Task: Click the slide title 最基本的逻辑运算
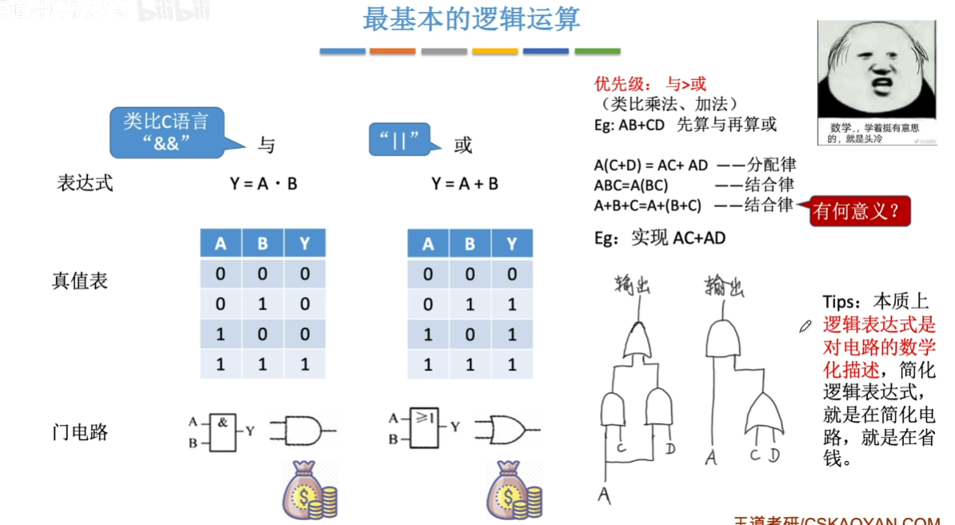click(471, 19)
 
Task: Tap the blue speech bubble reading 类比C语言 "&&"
click(166, 131)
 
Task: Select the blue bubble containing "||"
click(398, 139)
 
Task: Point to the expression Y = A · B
click(263, 183)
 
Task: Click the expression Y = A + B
click(465, 183)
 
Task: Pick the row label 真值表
click(80, 281)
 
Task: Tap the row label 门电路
click(80, 432)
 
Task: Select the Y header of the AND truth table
click(305, 244)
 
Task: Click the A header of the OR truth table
click(428, 244)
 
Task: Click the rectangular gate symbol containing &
click(223, 430)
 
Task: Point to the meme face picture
click(876, 82)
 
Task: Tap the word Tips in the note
click(841, 303)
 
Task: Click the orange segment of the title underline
click(392, 51)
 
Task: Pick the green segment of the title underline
click(597, 51)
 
